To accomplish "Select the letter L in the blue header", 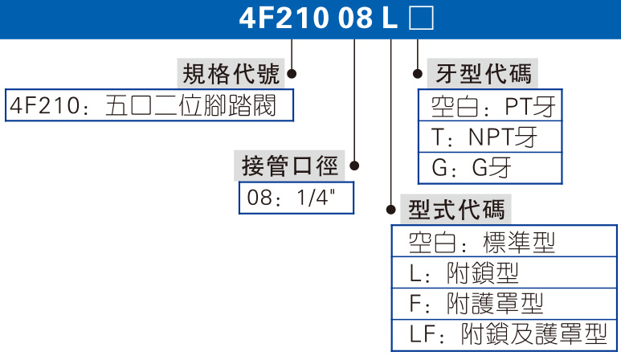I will coord(391,18).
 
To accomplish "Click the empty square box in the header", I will coord(421,18).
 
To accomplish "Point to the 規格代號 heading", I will coord(231,74).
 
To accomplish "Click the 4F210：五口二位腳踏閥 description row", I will coord(149,106).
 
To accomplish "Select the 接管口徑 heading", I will coord(290,166).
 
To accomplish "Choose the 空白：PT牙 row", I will coord(490,106).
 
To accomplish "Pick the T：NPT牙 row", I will coord(490,137).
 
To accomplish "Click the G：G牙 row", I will coord(490,168).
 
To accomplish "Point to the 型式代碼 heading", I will coord(457,210).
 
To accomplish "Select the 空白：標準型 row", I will coord(505,242).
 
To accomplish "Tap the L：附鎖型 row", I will coord(505,272).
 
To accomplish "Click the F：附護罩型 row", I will coord(505,303).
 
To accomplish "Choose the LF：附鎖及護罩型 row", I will coord(505,333).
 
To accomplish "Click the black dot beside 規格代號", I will coord(292,74).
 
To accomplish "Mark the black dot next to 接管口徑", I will coord(354,166).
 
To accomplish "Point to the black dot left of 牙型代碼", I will coord(418,74).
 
